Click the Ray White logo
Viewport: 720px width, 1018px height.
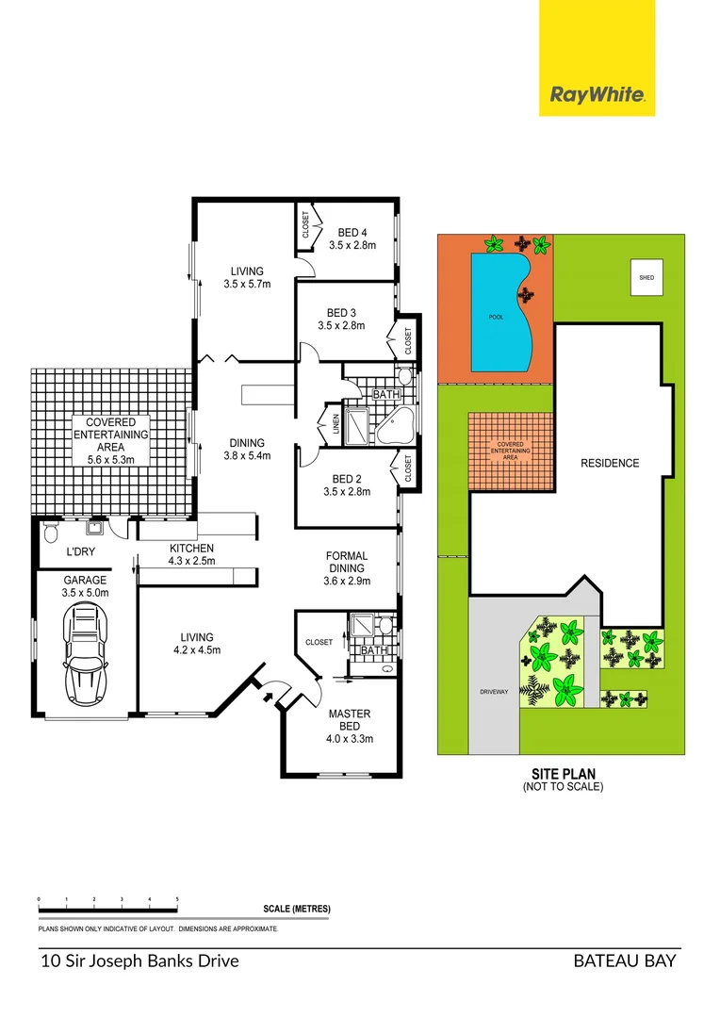pos(597,94)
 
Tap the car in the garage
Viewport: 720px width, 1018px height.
pos(86,649)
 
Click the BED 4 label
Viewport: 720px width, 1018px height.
pos(352,238)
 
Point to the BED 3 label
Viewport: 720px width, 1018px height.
pos(341,319)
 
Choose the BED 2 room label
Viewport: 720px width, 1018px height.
pos(342,484)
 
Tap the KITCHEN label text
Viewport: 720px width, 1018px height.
pos(191,554)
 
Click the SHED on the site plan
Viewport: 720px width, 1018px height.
pos(646,278)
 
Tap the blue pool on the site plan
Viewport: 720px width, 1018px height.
pos(499,312)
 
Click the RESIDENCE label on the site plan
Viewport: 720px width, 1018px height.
pos(610,463)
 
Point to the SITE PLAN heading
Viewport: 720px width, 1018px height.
pos(563,774)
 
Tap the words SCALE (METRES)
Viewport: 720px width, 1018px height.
pos(297,909)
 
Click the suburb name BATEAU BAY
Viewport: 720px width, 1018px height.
pos(625,961)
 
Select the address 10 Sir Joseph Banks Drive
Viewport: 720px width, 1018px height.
pos(139,961)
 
